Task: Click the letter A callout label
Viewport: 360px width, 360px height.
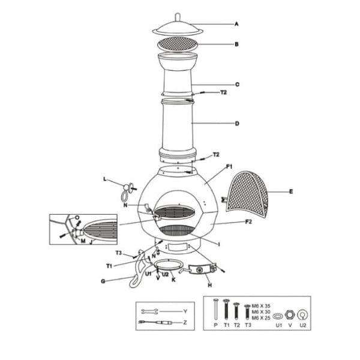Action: pyautogui.click(x=236, y=25)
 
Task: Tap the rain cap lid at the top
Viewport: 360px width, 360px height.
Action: pyautogui.click(x=177, y=27)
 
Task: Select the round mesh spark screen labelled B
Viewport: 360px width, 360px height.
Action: pyautogui.click(x=177, y=44)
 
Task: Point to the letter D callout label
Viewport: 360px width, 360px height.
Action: pyautogui.click(x=237, y=124)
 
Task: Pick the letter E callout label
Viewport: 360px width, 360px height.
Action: pyautogui.click(x=291, y=192)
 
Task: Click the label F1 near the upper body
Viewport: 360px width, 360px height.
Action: pyautogui.click(x=230, y=166)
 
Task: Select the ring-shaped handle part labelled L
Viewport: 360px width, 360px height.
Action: pyautogui.click(x=125, y=192)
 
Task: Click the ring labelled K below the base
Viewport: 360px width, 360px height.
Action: pyautogui.click(x=169, y=266)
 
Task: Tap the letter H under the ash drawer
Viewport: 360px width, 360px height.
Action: pyautogui.click(x=209, y=286)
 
